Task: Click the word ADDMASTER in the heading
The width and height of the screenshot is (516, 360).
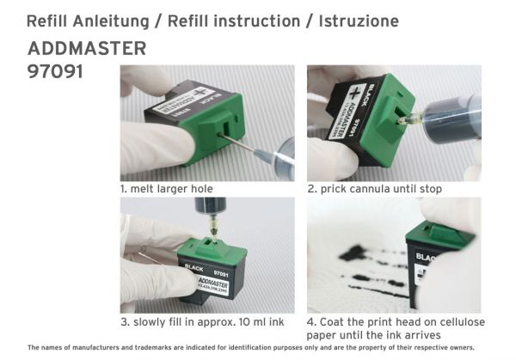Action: [87, 48]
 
